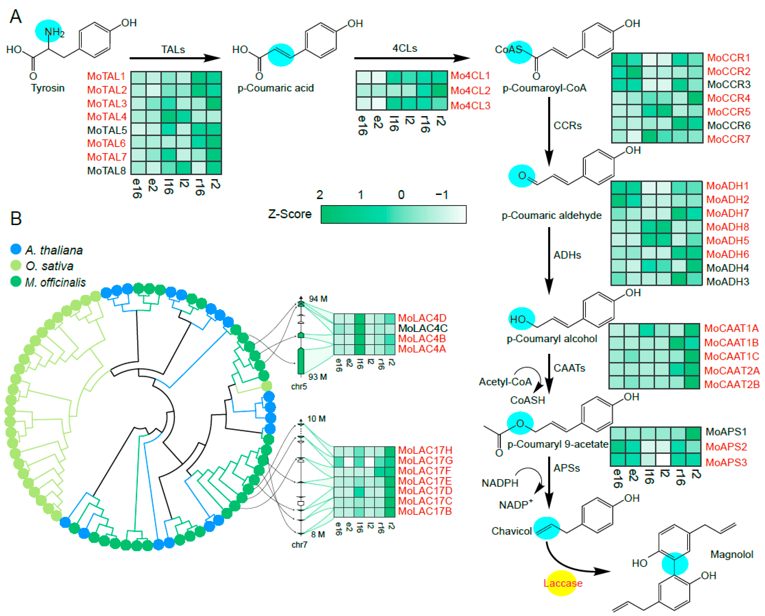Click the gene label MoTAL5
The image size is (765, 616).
pyautogui.click(x=107, y=130)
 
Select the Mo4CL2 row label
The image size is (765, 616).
pyautogui.click(x=470, y=91)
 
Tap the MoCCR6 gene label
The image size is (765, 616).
pyautogui.click(x=729, y=126)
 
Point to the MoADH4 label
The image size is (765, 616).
pyautogui.click(x=727, y=268)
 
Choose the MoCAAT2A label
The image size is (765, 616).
pyautogui.click(x=732, y=371)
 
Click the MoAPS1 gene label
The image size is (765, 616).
pyautogui.click(x=726, y=432)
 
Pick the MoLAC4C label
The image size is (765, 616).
pyautogui.click(x=423, y=328)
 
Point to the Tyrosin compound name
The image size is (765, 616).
pyautogui.click(x=48, y=88)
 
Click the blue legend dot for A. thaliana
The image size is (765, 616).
pyautogui.click(x=16, y=249)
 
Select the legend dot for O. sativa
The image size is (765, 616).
pyautogui.click(x=16, y=265)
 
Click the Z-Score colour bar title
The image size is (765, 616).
pyautogui.click(x=290, y=214)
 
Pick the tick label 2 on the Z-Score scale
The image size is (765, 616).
pyautogui.click(x=319, y=195)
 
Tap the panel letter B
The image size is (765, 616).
pyautogui.click(x=16, y=218)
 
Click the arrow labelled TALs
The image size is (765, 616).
pyautogui.click(x=175, y=58)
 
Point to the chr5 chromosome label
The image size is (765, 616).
pyautogui.click(x=299, y=386)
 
